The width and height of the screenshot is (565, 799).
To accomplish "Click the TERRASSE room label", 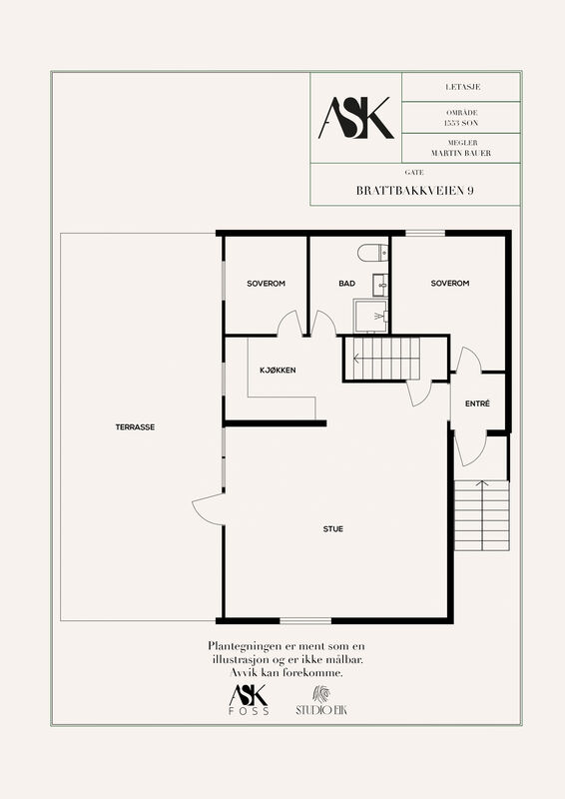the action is point(135,427).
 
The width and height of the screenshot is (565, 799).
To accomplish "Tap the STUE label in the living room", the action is point(333,529).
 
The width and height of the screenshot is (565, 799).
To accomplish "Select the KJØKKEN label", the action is point(278,370).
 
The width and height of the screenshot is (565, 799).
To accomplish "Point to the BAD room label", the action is point(347,284).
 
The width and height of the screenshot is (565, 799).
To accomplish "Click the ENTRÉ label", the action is point(477,403).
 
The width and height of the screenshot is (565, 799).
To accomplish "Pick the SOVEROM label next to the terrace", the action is point(266,284).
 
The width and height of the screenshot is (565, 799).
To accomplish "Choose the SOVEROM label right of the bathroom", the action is point(450,283).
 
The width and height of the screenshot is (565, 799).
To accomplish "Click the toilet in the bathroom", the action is point(373,253).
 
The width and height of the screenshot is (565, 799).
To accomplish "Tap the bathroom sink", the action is point(380,285).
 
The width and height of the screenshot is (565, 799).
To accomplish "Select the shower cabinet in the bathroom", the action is point(370,316).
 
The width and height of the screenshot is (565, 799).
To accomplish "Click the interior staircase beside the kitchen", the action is point(382,359).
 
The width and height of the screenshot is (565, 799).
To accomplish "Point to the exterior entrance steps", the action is point(482,515).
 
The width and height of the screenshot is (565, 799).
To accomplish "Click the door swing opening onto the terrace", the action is point(208,508).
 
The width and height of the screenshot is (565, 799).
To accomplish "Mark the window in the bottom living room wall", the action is point(305,620).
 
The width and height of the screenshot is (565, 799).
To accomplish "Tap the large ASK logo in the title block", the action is point(356,118).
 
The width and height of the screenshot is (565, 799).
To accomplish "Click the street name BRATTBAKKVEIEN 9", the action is point(414,191).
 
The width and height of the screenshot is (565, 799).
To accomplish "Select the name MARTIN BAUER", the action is point(461,153).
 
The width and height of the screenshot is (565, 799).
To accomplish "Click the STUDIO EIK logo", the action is point(321,701).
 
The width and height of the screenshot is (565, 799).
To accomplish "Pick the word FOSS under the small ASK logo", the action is point(249,711).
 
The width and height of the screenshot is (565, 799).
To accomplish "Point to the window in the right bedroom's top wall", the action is point(425,234).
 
